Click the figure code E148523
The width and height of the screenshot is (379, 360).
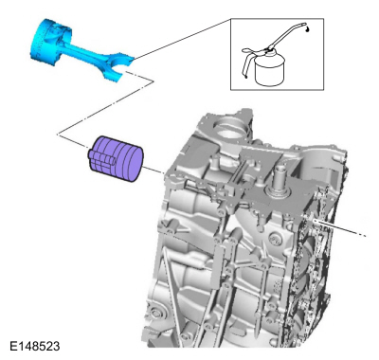35,346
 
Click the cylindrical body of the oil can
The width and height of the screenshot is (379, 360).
270,71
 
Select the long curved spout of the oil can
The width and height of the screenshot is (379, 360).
286,35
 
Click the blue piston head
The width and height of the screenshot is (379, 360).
50,40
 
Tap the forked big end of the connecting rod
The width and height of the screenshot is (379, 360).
118,66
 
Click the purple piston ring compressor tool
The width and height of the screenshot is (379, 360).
116,158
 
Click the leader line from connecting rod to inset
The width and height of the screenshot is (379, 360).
183,39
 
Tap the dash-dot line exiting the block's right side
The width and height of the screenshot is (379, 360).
341,229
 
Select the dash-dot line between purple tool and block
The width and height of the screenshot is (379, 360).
154,170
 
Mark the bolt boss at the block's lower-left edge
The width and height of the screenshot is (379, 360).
156,313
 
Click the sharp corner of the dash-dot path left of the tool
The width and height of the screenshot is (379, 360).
58,135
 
